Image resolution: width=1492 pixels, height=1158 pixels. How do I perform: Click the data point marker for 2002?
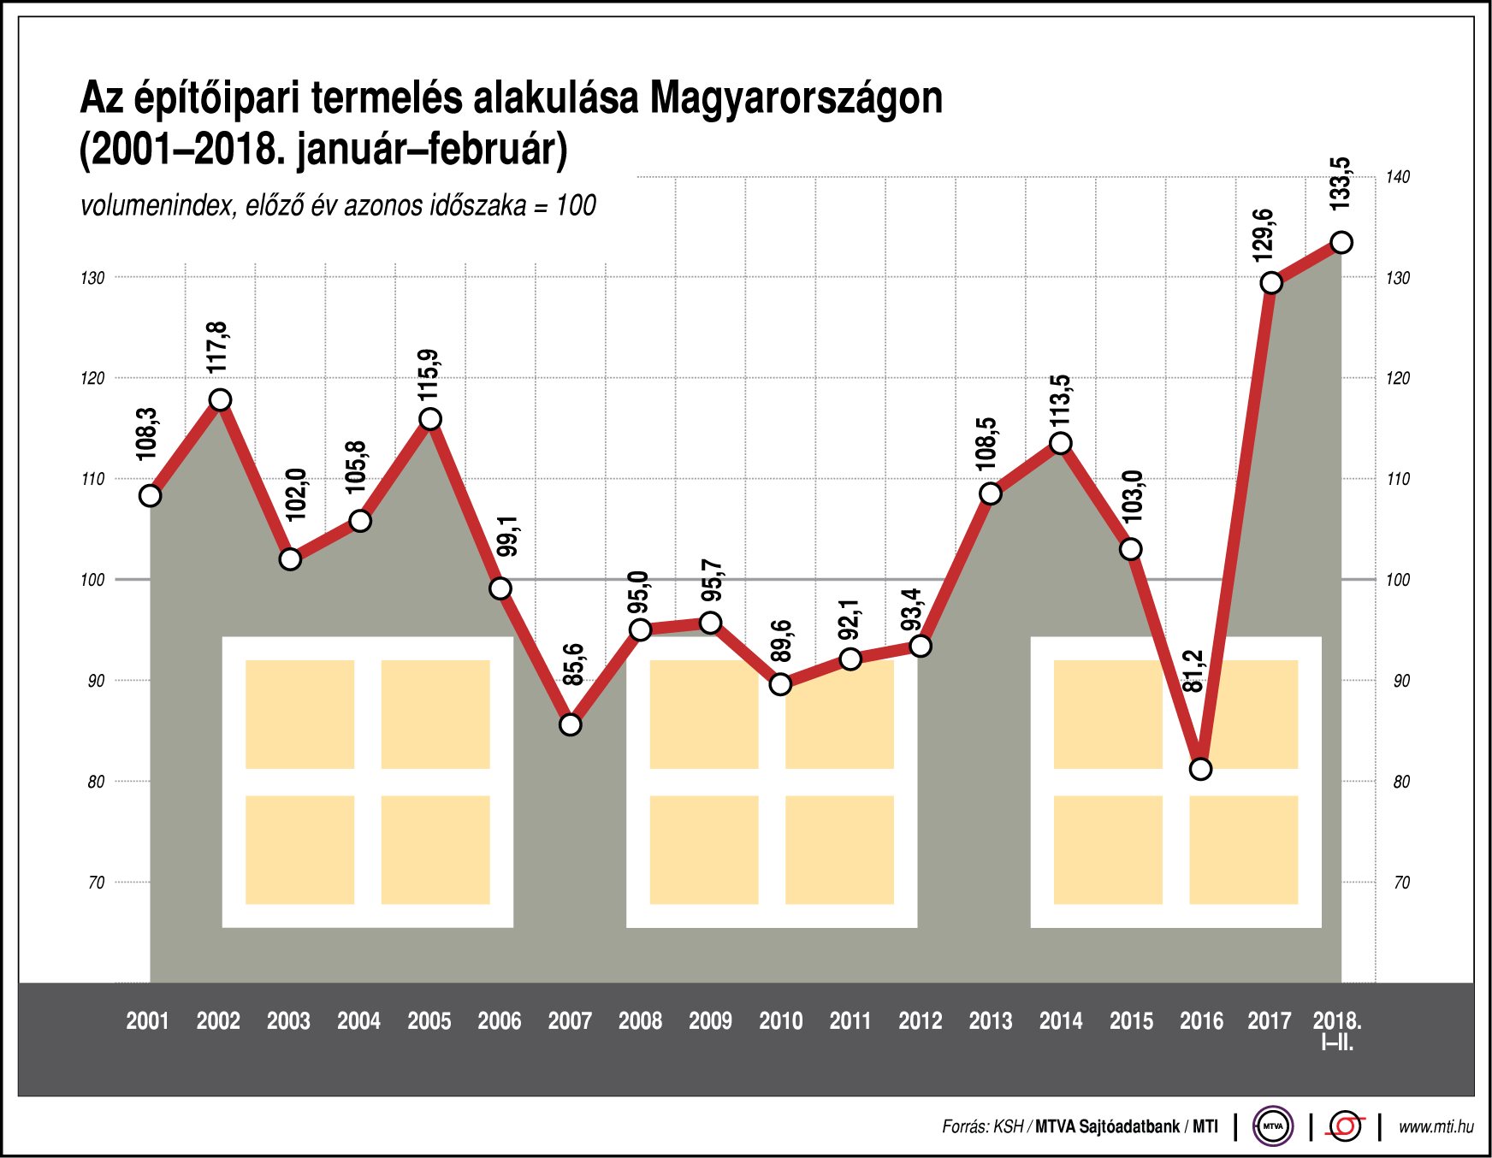point(221,400)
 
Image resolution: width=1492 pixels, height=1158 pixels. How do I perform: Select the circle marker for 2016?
point(1201,769)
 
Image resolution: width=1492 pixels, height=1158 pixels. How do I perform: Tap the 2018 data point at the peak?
point(1341,243)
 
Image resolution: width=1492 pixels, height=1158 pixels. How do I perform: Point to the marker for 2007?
point(571,724)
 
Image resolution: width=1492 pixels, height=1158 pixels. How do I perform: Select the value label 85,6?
point(574,665)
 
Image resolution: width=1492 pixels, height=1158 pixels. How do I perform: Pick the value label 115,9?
point(429,374)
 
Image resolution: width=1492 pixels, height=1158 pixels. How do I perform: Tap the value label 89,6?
point(782,641)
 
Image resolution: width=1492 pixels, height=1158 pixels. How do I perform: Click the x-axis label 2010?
point(780,1020)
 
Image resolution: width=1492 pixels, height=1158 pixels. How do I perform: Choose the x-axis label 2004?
point(358,1020)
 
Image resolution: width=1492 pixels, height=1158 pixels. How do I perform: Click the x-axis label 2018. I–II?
point(1337,1030)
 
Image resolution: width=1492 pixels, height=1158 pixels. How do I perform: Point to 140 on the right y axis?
point(1398,177)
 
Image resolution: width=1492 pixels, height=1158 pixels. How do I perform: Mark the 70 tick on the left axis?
point(96,883)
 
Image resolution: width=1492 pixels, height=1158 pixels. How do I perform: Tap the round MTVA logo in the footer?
point(1273,1126)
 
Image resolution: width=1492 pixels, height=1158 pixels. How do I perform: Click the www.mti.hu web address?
point(1436,1127)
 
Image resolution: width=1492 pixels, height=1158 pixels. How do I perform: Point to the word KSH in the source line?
point(1007,1127)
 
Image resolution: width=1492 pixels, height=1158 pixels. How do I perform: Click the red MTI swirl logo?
point(1345,1126)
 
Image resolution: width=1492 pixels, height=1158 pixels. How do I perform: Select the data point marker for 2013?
point(991,493)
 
